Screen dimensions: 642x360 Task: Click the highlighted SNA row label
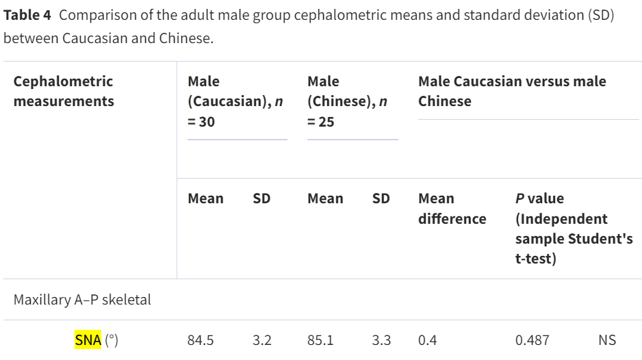point(88,340)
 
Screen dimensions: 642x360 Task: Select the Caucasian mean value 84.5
point(201,340)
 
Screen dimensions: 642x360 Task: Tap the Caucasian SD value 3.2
point(262,340)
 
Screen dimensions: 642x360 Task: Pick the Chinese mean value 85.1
point(320,340)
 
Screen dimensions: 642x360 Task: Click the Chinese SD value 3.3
point(382,340)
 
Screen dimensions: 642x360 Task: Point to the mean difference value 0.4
point(428,340)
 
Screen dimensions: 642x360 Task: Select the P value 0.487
point(532,340)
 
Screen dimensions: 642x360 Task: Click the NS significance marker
point(607,340)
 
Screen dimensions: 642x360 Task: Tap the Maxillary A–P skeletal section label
point(82,300)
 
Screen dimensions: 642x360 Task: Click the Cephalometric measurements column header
point(64,91)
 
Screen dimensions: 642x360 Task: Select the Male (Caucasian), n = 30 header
point(235,101)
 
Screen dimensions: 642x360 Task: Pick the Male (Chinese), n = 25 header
point(348,101)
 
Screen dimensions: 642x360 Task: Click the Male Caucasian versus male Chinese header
point(512,91)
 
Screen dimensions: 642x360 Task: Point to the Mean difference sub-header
point(452,209)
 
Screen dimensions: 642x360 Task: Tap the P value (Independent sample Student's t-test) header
point(574,229)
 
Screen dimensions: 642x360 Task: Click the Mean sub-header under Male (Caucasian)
point(205,198)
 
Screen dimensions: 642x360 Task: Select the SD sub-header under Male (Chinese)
point(381,198)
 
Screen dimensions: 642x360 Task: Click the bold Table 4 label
point(27,15)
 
